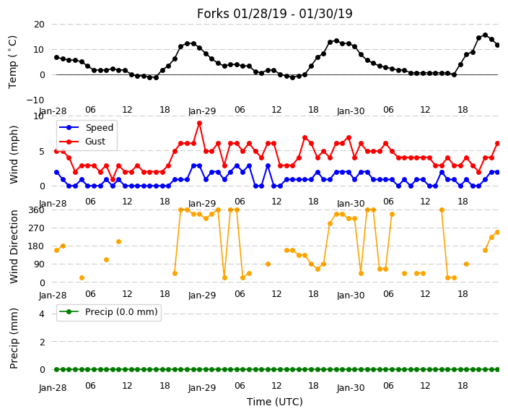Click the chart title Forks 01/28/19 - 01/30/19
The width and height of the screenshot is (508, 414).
(274, 14)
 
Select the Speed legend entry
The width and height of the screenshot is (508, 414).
(86, 127)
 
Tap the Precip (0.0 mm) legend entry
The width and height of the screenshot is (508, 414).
(108, 312)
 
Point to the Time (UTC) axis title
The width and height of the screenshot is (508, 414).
(275, 402)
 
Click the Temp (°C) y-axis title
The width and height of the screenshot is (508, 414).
(12, 62)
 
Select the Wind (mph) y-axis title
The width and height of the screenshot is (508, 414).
(14, 155)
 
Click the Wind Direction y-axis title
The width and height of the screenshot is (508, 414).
(14, 246)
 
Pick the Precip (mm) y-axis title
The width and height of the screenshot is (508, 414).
(14, 338)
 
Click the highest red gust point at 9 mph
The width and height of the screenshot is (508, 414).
(200, 124)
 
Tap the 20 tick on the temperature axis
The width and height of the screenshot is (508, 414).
(39, 25)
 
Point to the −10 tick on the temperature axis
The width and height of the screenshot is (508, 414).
(35, 100)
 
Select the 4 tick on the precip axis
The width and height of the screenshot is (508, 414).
(42, 314)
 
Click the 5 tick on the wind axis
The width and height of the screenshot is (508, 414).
(42, 151)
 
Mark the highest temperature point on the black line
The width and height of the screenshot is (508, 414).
(485, 35)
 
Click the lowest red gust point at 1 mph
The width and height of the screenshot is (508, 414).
(113, 179)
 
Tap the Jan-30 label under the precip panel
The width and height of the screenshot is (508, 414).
(351, 388)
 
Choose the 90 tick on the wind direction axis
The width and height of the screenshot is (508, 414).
(39, 264)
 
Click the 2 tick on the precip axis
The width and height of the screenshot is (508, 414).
(42, 342)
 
